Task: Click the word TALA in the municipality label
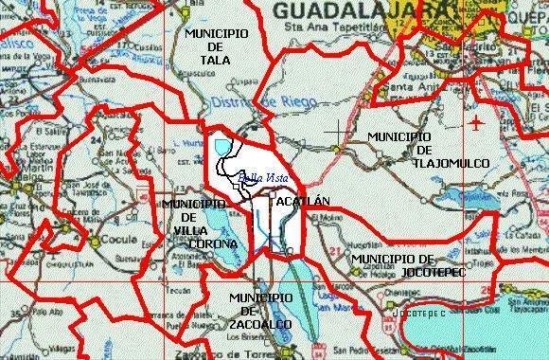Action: (216, 59)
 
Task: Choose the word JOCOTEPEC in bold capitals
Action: (402, 272)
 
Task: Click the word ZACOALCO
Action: (259, 324)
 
